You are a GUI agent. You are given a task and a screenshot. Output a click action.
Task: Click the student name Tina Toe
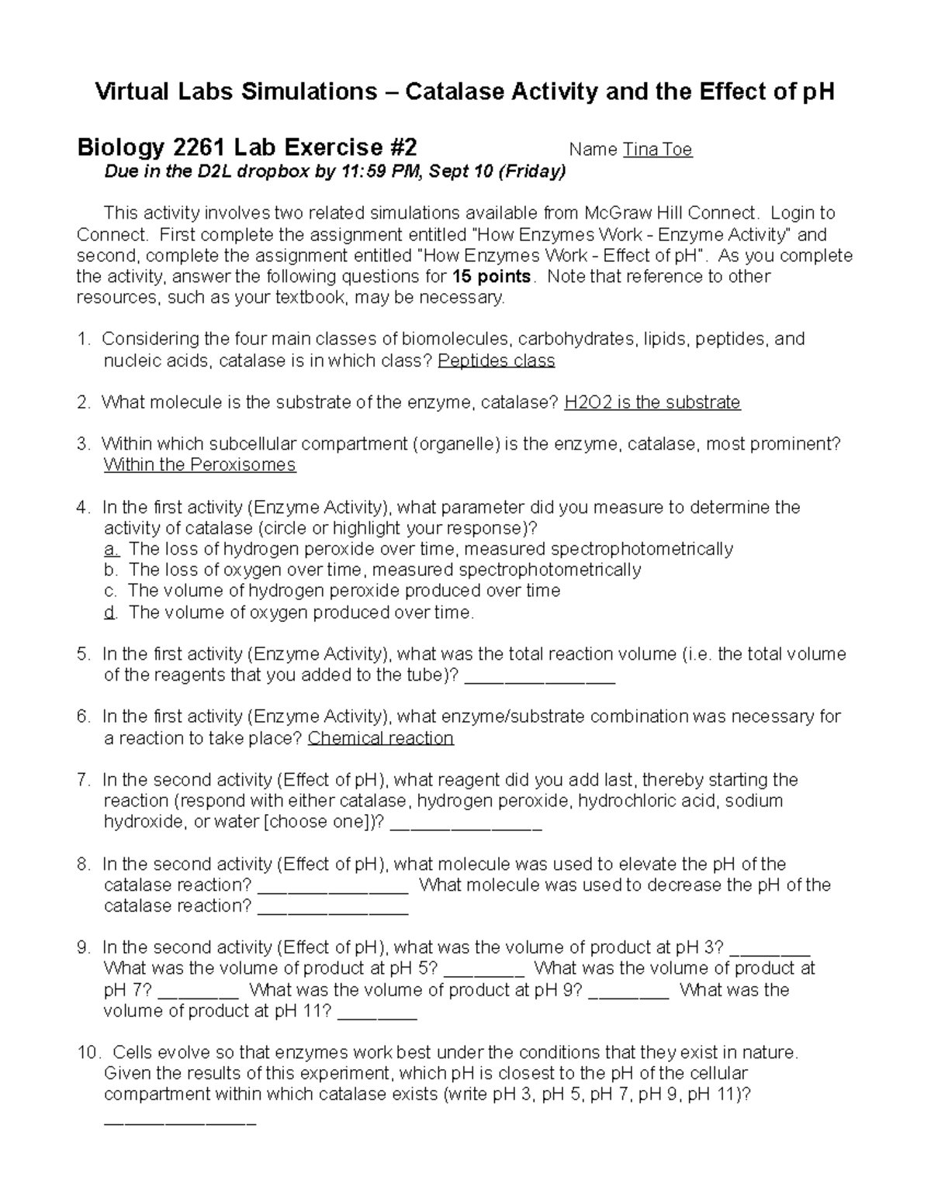657,150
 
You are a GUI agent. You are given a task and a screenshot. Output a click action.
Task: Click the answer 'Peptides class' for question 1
497,361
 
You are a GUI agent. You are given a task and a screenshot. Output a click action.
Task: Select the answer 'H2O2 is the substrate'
652,402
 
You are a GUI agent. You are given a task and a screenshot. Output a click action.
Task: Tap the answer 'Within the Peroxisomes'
199,465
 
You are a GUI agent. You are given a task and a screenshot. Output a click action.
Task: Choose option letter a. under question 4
111,550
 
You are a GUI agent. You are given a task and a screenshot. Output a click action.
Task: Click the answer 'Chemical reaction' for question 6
380,738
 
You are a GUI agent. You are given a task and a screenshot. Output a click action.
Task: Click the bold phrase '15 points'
491,277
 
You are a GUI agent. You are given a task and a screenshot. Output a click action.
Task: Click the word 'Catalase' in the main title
454,92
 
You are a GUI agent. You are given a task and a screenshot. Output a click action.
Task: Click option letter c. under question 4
111,591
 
